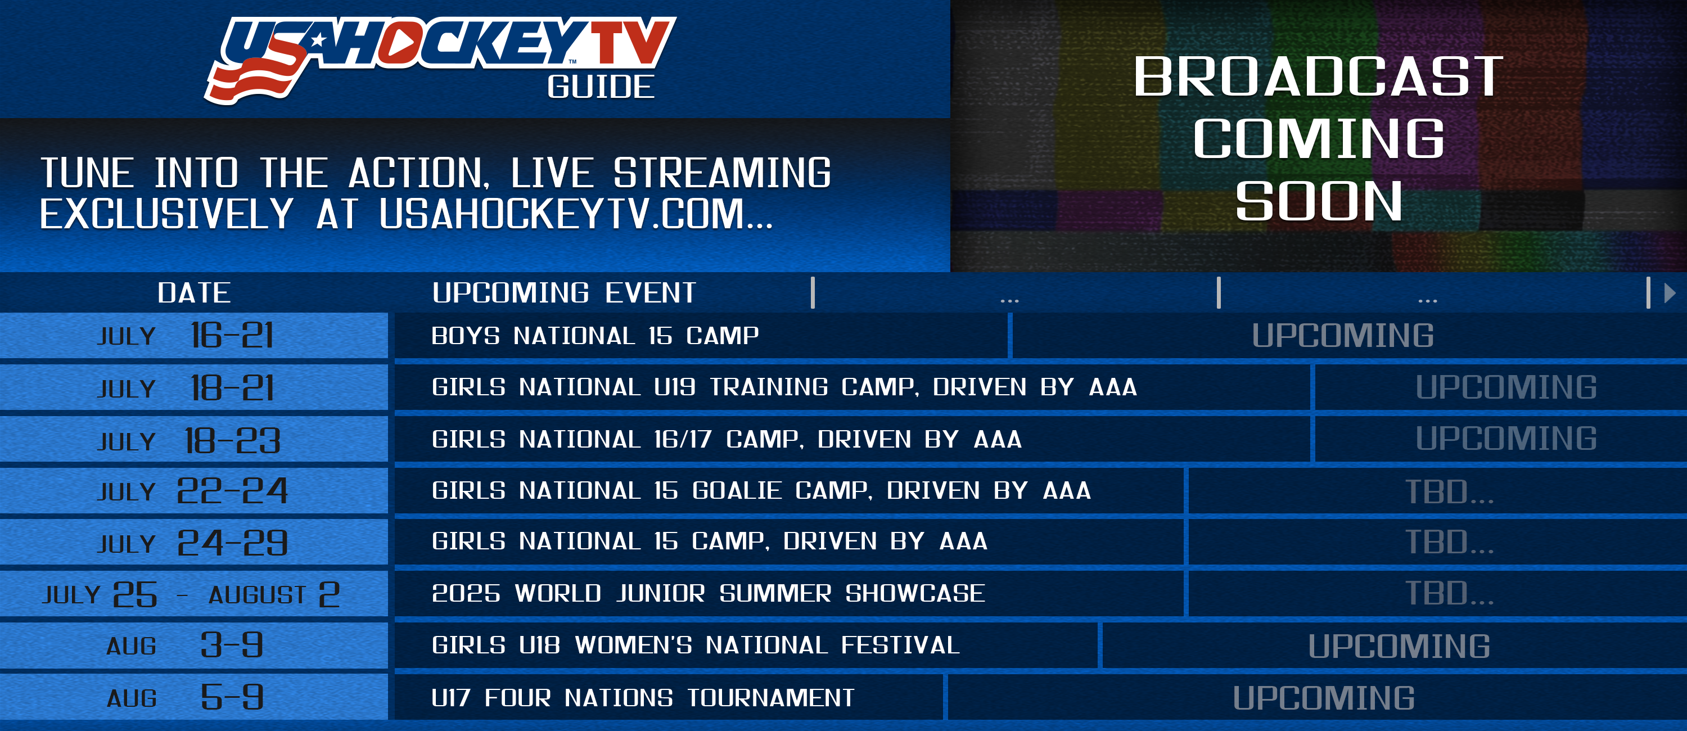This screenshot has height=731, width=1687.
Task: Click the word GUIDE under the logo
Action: pos(601,87)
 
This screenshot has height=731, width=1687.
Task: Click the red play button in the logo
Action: pos(400,43)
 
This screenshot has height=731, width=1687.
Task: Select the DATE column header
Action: pos(194,293)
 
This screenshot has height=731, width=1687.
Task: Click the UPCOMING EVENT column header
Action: pos(564,293)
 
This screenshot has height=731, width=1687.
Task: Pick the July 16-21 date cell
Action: pos(194,335)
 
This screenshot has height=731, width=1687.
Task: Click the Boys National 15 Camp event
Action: pos(594,335)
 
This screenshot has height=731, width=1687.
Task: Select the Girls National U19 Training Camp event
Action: pos(784,387)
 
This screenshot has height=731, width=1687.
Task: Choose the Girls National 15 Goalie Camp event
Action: pos(761,490)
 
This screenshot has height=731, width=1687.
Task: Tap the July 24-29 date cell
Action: pos(194,543)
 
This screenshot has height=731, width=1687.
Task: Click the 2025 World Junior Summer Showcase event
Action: pos(708,593)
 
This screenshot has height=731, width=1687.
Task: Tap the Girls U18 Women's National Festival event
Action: pos(696,645)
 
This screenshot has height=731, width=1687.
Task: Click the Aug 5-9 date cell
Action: pos(194,697)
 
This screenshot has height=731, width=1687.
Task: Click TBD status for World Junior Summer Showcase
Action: pos(1449,593)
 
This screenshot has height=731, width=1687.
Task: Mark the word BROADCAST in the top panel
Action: pos(1318,76)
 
